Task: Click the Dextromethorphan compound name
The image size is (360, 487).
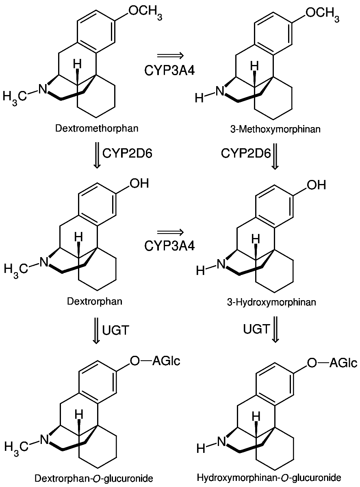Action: tap(97, 129)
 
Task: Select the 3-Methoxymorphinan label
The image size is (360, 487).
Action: tap(275, 130)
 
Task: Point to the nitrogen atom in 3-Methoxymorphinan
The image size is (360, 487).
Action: tap(219, 91)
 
